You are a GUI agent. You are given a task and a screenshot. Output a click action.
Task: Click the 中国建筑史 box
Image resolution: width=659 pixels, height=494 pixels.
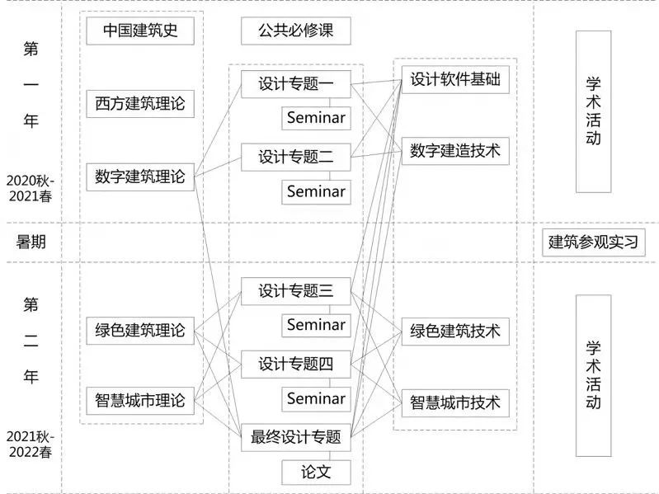140,31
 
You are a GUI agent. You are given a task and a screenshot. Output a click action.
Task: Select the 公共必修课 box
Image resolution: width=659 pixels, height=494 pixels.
296,31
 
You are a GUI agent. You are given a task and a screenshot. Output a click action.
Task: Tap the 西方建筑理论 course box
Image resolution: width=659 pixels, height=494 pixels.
140,104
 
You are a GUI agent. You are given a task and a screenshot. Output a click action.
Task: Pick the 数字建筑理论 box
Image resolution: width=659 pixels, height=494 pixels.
140,176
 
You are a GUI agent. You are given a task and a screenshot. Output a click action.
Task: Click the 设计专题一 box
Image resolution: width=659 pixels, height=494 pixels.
296,84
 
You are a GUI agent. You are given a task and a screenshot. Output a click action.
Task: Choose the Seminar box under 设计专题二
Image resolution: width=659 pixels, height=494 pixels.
316,192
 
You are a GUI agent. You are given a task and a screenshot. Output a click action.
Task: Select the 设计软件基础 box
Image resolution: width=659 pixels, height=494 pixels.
455,79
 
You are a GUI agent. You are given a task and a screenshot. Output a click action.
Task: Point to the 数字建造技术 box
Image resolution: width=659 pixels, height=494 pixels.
455,151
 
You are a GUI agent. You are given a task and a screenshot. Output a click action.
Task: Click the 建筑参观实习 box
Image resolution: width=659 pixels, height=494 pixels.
594,242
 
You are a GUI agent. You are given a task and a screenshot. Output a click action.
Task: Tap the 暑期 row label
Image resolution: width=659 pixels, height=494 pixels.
31,242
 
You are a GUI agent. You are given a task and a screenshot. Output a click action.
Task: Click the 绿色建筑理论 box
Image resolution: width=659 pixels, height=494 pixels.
140,331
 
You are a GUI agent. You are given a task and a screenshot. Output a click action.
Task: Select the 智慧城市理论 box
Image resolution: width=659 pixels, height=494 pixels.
140,401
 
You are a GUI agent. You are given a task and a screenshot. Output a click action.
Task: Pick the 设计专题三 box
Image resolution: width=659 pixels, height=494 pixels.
296,291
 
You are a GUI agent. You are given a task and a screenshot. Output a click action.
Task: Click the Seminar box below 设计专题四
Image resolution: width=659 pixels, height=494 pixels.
316,399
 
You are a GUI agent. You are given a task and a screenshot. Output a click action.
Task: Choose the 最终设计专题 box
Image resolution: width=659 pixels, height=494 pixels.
296,437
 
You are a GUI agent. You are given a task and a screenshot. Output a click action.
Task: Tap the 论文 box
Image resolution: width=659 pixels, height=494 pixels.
316,473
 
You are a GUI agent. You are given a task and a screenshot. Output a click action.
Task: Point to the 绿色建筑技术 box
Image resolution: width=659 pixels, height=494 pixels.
455,332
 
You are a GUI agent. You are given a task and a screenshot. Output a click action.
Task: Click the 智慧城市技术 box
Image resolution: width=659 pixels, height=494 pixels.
455,402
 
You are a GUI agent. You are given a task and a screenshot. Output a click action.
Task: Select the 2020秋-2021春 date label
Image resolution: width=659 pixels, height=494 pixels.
31,188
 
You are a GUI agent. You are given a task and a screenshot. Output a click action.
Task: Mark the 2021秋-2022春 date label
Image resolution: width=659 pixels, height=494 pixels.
31,445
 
